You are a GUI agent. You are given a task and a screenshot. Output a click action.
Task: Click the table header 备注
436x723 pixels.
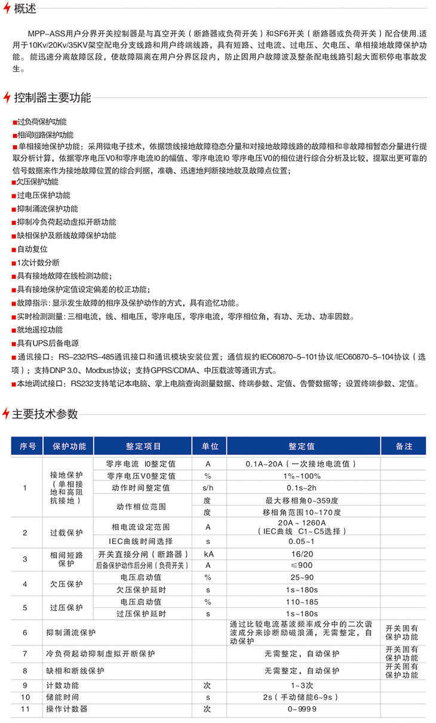(x=404, y=447)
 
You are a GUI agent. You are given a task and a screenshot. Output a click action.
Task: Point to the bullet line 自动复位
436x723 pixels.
(x=32, y=249)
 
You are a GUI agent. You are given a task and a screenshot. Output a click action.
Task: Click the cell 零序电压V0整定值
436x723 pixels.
(x=141, y=476)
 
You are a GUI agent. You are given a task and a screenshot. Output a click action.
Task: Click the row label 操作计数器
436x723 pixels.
(x=67, y=709)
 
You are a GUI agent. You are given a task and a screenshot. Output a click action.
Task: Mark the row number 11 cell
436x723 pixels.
(x=25, y=709)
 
